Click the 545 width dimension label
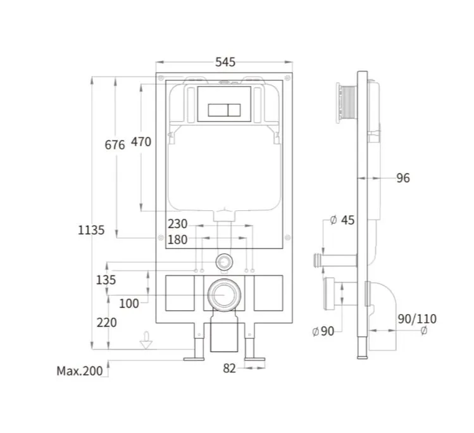(x=225, y=62)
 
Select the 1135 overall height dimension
(x=91, y=230)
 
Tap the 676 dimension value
(x=115, y=145)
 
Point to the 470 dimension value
(x=141, y=142)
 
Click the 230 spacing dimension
(x=178, y=224)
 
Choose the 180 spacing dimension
(x=178, y=240)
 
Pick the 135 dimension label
(x=106, y=280)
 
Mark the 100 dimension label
(x=129, y=303)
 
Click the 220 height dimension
(x=107, y=323)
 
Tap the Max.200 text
(x=80, y=371)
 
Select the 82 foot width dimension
(x=230, y=368)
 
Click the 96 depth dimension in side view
(x=403, y=178)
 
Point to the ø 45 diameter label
(x=342, y=220)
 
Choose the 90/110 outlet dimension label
(x=417, y=319)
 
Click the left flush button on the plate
(x=218, y=110)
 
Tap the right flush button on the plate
(x=234, y=110)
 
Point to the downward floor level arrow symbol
(x=146, y=341)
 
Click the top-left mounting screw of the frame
(x=161, y=78)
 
